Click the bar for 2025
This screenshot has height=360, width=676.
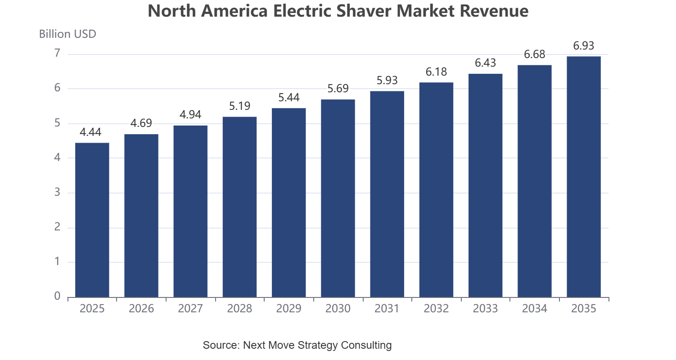[92, 220]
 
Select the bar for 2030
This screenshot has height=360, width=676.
[338, 198]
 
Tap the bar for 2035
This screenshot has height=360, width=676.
[584, 177]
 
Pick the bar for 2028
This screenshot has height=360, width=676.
[239, 207]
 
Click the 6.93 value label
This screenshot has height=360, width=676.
[584, 45]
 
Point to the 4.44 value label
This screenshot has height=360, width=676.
[90, 132]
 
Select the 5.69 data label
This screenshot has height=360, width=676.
[338, 88]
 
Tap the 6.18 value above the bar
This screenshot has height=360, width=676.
[436, 72]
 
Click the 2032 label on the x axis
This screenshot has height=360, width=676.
[436, 308]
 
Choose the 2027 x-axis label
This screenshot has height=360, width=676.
[190, 308]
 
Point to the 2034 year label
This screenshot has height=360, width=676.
[535, 308]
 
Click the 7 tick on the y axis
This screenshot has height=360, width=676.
[57, 53]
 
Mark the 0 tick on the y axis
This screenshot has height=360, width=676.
[57, 296]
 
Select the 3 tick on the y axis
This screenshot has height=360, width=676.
[57, 192]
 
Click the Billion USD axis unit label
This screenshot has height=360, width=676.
[68, 34]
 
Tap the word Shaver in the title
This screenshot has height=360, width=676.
[363, 11]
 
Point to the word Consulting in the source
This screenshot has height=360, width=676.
[366, 345]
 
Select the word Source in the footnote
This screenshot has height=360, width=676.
[221, 345]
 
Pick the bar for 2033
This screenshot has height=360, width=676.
[485, 185]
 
